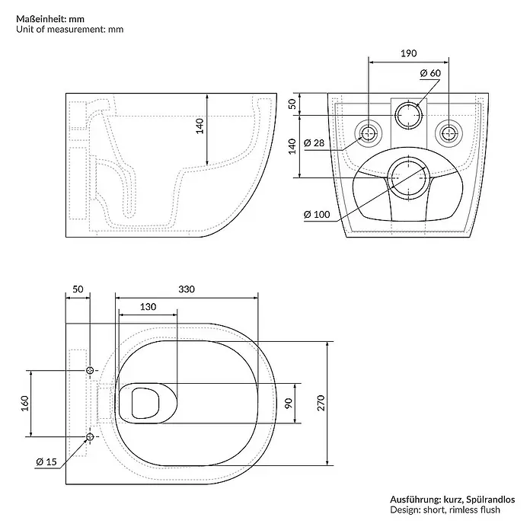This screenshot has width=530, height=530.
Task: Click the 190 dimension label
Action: (409, 53)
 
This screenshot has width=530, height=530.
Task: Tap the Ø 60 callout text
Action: (430, 73)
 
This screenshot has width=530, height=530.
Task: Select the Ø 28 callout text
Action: (314, 143)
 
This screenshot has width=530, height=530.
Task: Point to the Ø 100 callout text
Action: (317, 214)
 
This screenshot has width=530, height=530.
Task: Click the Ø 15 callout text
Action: (46, 461)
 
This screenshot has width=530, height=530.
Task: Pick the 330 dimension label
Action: (187, 289)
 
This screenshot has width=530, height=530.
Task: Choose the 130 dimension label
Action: (148, 307)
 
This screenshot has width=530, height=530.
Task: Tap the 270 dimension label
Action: (321, 403)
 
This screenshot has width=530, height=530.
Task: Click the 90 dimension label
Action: (289, 403)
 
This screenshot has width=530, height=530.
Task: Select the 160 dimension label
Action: (25, 404)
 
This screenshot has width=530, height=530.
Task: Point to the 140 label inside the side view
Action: (200, 126)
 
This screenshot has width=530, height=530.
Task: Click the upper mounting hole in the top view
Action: (90, 370)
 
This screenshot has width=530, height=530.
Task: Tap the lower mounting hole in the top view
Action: (90, 436)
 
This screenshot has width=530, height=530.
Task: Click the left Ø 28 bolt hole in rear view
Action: (369, 133)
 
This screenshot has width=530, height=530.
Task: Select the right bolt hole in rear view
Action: (449, 133)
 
